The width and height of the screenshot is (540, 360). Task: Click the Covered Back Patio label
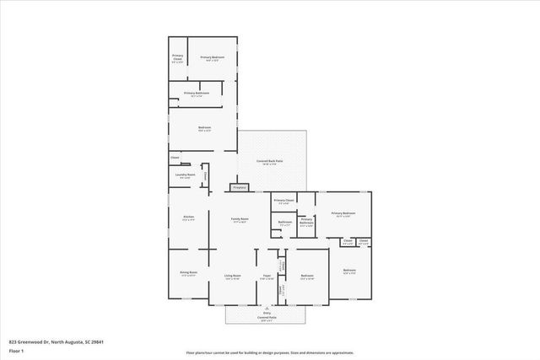point(270,160)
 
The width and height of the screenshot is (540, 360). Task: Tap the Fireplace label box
point(239,187)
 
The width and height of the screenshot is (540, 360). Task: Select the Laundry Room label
point(185,175)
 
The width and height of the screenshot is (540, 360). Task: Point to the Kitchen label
point(189,218)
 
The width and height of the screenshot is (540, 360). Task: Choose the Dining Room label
point(188,273)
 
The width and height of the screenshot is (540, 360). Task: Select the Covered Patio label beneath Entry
point(267,317)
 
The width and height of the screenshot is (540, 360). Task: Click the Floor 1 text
point(16,350)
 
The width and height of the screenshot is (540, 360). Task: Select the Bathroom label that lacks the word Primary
point(285,223)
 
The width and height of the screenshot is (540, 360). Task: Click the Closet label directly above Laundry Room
point(175,157)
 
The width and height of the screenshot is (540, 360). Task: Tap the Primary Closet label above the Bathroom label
point(283,201)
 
